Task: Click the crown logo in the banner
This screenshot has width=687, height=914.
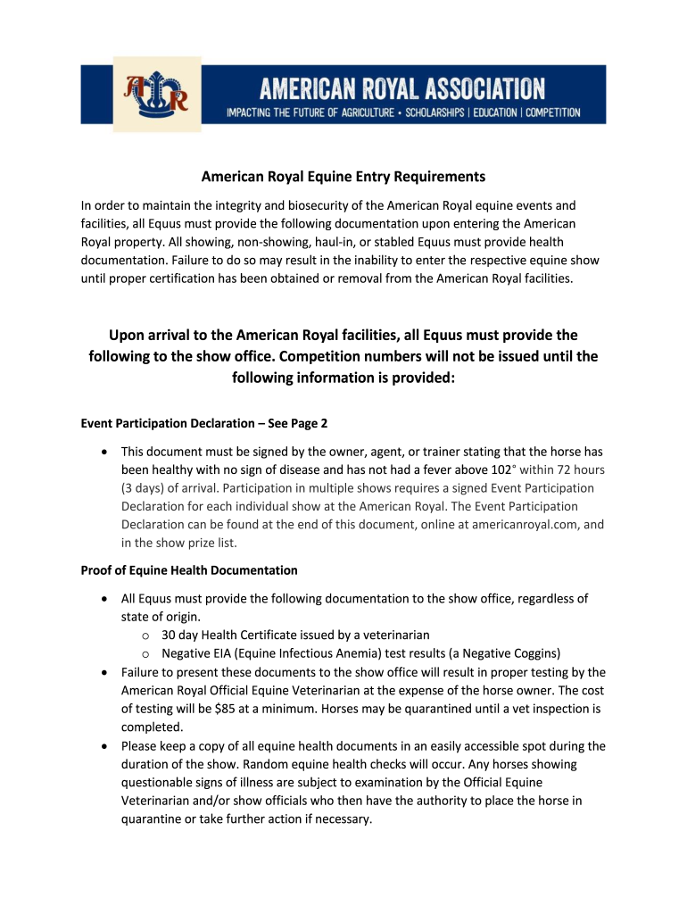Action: [x=157, y=95]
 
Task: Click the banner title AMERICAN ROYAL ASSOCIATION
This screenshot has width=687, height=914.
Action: [x=401, y=88]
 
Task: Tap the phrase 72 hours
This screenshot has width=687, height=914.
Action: [x=571, y=469]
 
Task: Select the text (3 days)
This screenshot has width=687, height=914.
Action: [x=144, y=487]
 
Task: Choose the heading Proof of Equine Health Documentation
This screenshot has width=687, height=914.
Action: [x=189, y=569]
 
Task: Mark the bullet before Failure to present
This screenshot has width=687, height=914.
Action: [x=105, y=672]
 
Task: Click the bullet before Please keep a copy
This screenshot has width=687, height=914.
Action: [x=105, y=746]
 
